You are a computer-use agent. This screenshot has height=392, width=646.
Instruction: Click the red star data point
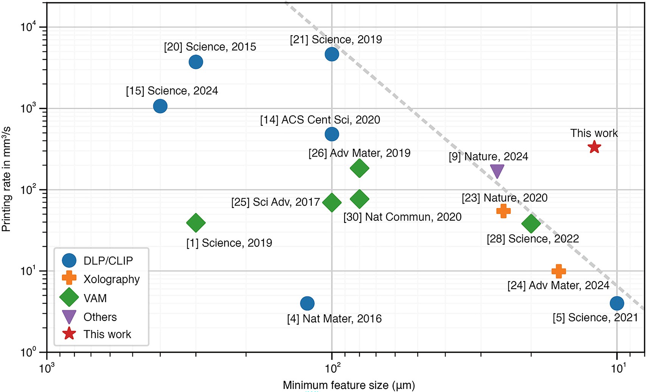point(595,147)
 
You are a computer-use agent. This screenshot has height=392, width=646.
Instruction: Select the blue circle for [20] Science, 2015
point(196,62)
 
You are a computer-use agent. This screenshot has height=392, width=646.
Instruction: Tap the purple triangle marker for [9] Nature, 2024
point(497,171)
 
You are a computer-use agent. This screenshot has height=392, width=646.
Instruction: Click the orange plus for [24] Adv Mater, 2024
point(559,271)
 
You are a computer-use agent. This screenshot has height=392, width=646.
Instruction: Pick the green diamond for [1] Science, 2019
point(196,222)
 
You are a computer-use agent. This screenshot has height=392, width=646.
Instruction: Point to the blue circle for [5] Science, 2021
point(617,303)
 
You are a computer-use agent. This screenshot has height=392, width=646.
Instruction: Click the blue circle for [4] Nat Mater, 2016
point(307,303)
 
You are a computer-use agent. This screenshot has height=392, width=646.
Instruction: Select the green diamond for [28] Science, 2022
point(531,224)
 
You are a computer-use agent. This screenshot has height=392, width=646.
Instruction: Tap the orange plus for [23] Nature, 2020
point(503,211)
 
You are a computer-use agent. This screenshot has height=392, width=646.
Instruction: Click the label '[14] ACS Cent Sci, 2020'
point(320,120)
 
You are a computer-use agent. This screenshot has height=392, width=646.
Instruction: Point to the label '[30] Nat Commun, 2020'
point(402,217)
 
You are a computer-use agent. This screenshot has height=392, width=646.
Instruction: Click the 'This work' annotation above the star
point(594,133)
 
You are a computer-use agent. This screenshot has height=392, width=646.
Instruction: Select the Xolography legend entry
point(112,279)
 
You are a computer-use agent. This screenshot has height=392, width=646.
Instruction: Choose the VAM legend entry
point(95,298)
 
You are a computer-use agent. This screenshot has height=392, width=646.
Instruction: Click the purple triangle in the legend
point(69,317)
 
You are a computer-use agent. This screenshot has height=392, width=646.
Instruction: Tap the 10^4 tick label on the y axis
point(29,27)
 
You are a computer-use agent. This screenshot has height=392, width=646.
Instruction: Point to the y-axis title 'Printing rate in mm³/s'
point(6,179)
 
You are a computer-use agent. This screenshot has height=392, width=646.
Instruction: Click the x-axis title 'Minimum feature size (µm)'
point(349,385)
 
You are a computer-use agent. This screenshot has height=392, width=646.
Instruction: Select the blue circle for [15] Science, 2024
point(160,106)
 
